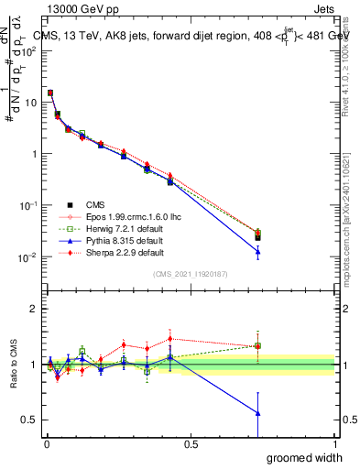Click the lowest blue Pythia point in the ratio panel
point(257,413)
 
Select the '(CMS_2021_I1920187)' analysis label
point(191,273)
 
